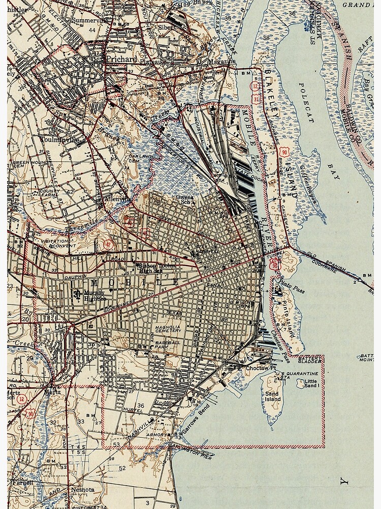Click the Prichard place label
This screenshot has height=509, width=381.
121,59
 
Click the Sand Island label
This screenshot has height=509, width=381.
273,397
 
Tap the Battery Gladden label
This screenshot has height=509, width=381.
310,360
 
